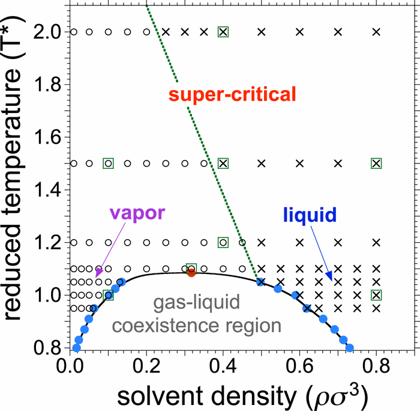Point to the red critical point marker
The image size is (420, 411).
click(x=191, y=273)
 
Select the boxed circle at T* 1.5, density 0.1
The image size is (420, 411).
click(x=109, y=163)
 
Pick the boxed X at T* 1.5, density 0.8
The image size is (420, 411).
click(x=376, y=163)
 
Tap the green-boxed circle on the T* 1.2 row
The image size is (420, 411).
click(x=223, y=242)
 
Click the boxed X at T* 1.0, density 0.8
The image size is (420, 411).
click(x=376, y=294)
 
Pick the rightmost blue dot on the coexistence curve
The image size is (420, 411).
click(x=350, y=348)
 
